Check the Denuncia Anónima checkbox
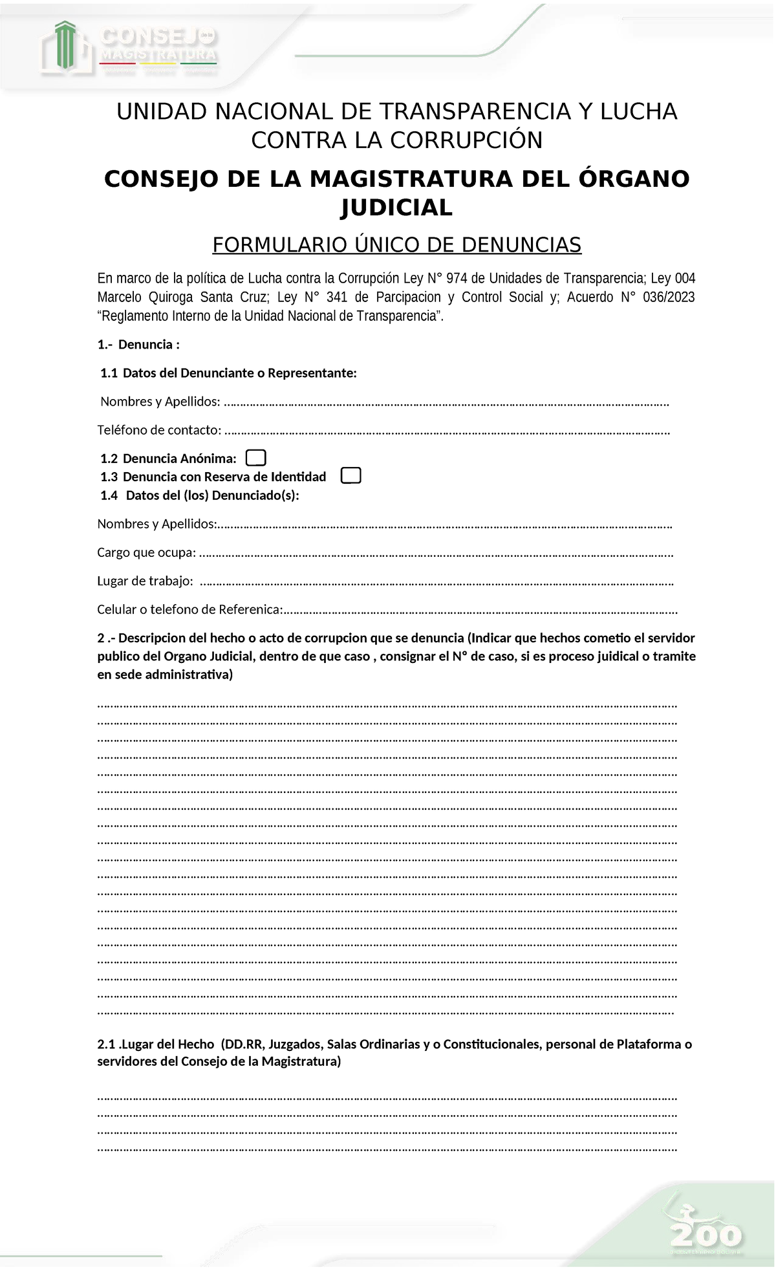pos(256,458)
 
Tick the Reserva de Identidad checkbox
pos(350,476)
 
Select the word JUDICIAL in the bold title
pos(396,208)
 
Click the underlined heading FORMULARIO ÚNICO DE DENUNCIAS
pos(396,245)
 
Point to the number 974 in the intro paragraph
pos(457,279)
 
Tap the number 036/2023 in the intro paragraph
pos(669,298)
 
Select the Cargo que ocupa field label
pos(146,552)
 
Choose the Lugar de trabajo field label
pos(145,581)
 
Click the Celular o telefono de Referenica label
pos(190,609)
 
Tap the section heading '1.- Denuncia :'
pos(138,345)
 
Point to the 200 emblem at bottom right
pos(706,1237)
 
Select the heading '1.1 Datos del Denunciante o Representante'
pos(228,373)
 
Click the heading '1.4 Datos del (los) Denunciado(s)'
pos(200,495)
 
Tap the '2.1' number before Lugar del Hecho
pos(106,1044)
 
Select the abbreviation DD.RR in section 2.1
pos(242,1044)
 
